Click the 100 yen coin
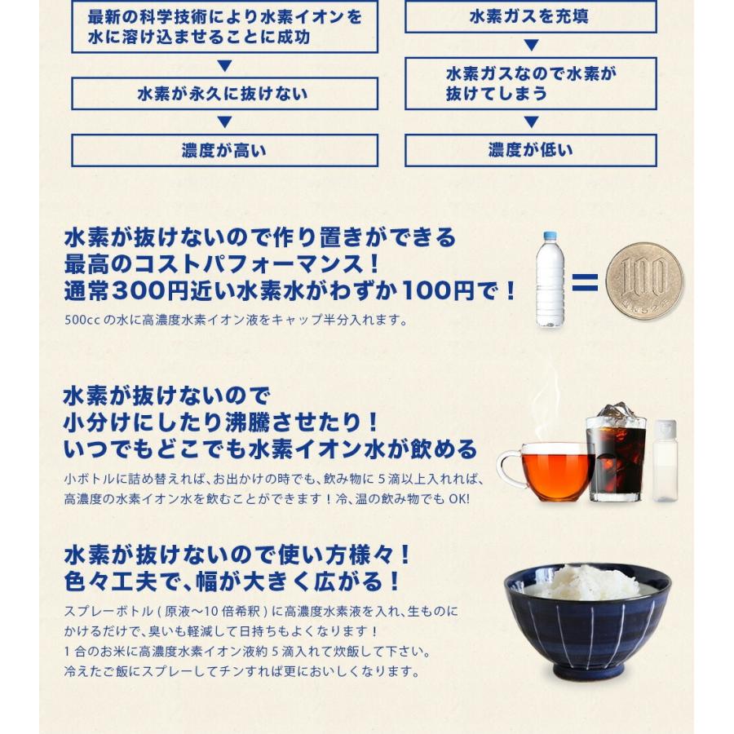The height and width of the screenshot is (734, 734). coord(643,281)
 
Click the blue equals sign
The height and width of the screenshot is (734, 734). coord(585,283)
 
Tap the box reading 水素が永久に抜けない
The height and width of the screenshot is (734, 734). coord(224,94)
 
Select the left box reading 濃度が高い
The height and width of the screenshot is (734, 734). coord(224,151)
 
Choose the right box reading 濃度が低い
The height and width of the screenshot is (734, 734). coord(530,151)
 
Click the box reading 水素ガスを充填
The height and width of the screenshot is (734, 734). coord(530,17)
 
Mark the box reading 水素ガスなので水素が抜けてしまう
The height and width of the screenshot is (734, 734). coord(530,84)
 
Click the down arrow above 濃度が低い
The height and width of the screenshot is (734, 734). coord(531,122)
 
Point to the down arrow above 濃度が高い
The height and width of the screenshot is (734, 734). coord(224,122)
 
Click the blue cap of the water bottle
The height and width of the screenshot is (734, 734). coord(550,237)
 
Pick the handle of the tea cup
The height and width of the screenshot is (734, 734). coord(507,468)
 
